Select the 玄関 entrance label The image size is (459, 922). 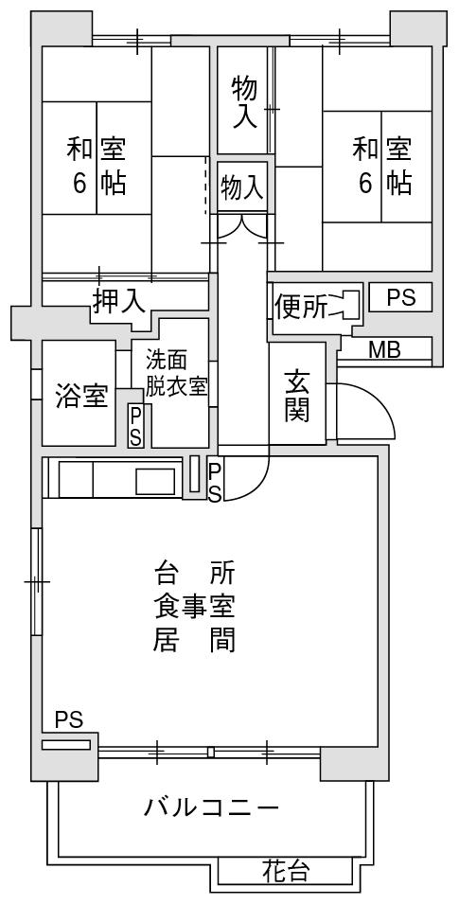point(297,396)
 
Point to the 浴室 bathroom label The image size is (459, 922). point(81,396)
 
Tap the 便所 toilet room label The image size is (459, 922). point(301,306)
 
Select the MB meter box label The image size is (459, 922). point(384,350)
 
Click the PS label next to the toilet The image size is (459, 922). point(401,297)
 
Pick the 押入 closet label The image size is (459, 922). point(118,300)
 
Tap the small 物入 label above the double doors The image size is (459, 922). point(241,187)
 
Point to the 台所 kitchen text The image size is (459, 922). point(195,572)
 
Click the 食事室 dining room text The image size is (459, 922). point(195,606)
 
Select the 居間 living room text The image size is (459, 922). point(195,640)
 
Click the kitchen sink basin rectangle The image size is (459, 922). point(155,481)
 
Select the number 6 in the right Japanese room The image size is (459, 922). point(365,183)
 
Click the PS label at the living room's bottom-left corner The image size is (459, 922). point(69,719)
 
